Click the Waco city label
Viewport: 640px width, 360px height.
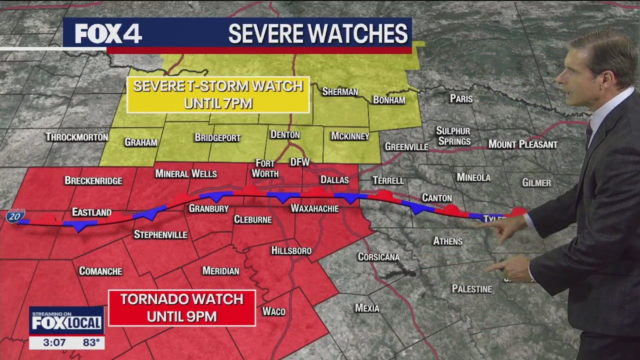click(274, 311)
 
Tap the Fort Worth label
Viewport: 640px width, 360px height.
click(265, 168)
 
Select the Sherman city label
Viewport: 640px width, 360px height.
click(340, 91)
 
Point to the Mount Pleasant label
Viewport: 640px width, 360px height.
click(522, 144)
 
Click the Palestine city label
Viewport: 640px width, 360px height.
click(472, 289)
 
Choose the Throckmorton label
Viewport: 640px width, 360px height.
click(77, 137)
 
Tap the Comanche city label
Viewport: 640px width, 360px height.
click(100, 271)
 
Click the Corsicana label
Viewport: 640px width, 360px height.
click(378, 257)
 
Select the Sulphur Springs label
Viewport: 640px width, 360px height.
click(453, 136)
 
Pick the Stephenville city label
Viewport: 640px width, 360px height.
click(160, 234)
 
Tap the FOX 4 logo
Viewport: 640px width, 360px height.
click(108, 34)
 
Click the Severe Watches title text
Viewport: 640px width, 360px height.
click(318, 34)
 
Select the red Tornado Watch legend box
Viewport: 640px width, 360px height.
click(182, 308)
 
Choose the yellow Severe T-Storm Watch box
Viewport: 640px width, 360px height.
click(218, 94)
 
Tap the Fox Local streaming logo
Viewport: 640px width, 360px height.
click(66, 320)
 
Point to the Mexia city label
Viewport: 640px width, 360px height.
click(367, 308)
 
